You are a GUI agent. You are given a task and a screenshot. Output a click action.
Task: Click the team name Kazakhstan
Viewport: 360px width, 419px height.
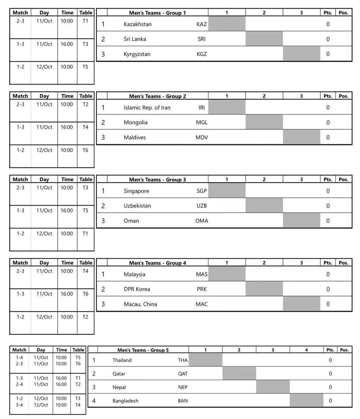click(x=137, y=24)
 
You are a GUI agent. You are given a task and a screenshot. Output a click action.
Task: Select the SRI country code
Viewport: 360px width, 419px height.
click(x=202, y=39)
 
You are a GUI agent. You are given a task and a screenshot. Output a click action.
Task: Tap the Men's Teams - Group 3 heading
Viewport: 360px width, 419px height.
click(x=157, y=180)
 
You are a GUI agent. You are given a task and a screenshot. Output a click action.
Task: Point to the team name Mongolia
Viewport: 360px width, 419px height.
click(x=135, y=122)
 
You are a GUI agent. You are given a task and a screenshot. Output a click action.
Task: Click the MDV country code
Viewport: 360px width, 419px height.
click(x=202, y=137)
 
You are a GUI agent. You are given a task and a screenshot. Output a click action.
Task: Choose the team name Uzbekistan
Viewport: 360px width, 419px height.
click(x=137, y=206)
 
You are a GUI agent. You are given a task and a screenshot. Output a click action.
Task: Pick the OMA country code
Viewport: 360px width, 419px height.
click(x=202, y=221)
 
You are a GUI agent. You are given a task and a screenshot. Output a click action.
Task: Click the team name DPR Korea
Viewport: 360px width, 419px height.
click(x=137, y=289)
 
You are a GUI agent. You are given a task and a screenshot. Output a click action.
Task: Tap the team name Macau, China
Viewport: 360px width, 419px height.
click(x=140, y=304)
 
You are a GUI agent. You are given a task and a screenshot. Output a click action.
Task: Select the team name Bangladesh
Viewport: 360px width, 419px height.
click(x=125, y=401)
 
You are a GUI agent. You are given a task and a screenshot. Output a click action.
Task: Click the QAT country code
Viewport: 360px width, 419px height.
click(x=183, y=374)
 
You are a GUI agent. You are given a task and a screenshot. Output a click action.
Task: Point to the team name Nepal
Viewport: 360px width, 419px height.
click(x=119, y=387)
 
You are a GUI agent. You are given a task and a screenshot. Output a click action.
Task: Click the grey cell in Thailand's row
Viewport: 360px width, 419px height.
click(x=205, y=360)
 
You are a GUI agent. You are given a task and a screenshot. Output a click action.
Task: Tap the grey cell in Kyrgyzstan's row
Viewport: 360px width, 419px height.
click(x=301, y=54)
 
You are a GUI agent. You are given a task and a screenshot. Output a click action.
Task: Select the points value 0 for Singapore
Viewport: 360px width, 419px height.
click(x=328, y=191)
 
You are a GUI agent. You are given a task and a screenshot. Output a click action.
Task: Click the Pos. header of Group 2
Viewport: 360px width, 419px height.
click(x=343, y=96)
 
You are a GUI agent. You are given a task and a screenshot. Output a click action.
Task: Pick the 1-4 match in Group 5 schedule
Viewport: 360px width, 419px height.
click(x=19, y=358)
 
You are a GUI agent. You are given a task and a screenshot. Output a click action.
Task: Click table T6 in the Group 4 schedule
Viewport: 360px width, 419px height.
click(x=85, y=294)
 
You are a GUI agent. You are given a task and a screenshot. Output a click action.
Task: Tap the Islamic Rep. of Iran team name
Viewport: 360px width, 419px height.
click(x=147, y=108)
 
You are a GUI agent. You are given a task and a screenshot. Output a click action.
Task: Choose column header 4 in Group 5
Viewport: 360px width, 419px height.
click(x=306, y=350)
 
